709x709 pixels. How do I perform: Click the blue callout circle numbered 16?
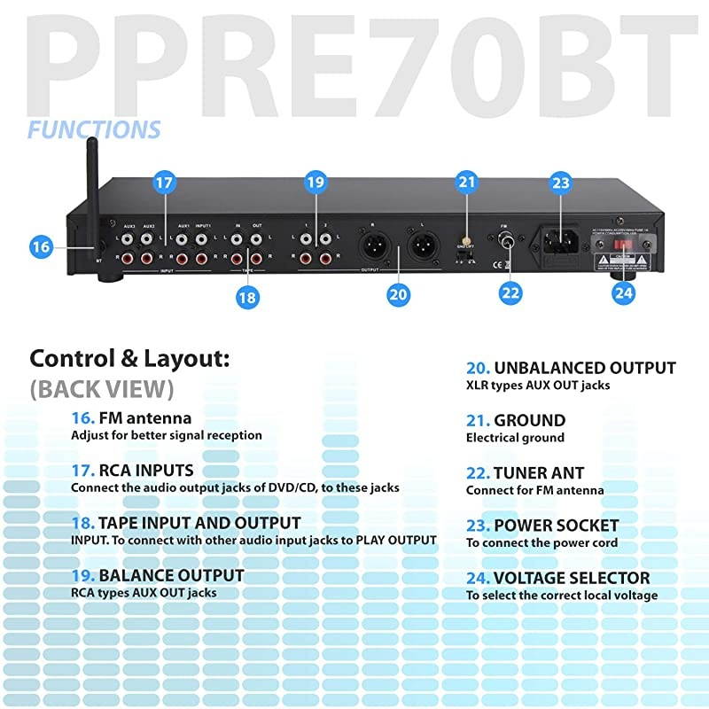coord(41,247)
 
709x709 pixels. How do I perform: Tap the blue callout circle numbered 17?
coord(164,183)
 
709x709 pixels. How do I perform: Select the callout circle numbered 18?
coord(246,297)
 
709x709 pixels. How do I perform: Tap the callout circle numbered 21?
coord(467,183)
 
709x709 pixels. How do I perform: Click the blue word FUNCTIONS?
coord(94,130)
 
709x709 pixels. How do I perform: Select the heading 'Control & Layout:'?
coord(129,359)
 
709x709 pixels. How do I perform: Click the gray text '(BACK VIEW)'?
coord(101,389)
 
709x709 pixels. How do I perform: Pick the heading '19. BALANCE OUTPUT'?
coord(157,575)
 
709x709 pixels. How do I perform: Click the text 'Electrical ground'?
coord(515,438)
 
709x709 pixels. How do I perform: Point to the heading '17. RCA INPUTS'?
coord(132,470)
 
